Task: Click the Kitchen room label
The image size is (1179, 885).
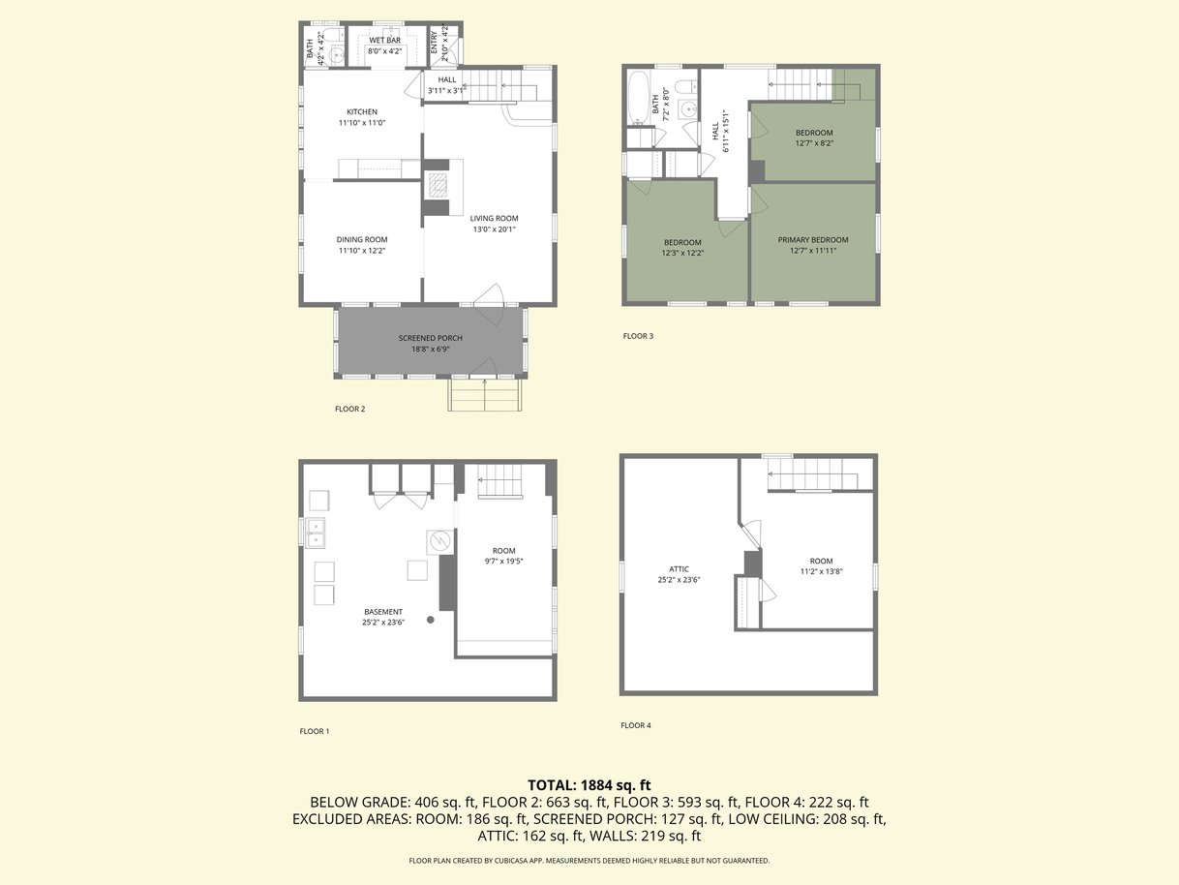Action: point(362,111)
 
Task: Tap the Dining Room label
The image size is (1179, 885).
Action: point(362,240)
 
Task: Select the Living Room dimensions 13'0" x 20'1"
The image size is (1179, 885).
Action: point(495,229)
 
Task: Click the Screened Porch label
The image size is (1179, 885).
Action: point(430,338)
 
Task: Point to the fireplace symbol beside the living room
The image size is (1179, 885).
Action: point(438,186)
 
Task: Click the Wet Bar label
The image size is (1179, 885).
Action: point(384,41)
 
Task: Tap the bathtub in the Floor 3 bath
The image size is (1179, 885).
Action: point(639,97)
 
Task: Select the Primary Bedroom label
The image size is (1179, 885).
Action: point(813,240)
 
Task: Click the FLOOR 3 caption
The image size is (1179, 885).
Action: point(638,336)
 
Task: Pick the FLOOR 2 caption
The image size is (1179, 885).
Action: point(349,409)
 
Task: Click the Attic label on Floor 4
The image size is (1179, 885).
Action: point(679,569)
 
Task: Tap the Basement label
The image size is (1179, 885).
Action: point(383,612)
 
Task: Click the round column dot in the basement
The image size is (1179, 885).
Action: point(430,620)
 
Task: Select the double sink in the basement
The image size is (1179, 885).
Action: point(316,534)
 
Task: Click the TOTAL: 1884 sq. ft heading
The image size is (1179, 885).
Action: point(589,785)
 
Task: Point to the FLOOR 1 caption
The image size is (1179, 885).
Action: point(315,731)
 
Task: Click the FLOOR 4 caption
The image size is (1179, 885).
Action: point(635,725)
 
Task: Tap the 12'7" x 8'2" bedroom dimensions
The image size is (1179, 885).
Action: point(814,143)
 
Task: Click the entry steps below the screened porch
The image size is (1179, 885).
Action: point(485,395)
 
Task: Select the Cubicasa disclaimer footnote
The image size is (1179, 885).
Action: point(589,861)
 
